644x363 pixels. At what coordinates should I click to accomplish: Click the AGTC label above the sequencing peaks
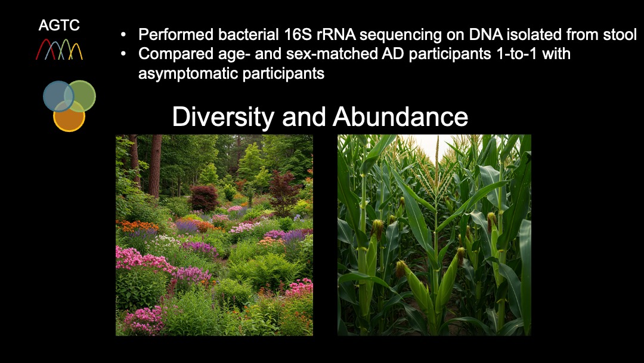tap(59, 25)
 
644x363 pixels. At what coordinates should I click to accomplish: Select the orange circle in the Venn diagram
tap(69, 116)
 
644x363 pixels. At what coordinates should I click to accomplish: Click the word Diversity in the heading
tap(223, 117)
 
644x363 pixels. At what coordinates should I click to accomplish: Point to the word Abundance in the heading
tap(401, 117)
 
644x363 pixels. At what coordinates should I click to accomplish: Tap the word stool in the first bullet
tap(620, 35)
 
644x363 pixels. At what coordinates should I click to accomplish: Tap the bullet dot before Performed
tap(123, 35)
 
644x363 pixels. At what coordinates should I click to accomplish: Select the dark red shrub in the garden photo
tap(204, 198)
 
